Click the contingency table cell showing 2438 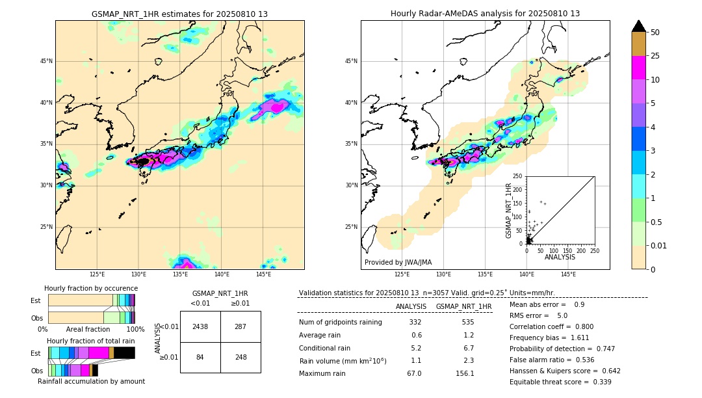(200, 326)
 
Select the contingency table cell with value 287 (240, 326)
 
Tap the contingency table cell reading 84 (200, 357)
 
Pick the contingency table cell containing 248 (240, 357)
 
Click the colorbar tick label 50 (655, 33)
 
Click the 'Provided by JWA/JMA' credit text (398, 263)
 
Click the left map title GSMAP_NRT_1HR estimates (179, 14)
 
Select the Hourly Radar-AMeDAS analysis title (485, 14)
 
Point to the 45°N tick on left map (46, 61)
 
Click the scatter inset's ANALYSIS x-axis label (560, 258)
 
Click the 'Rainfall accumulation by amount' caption (91, 382)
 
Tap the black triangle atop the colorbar (639, 26)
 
